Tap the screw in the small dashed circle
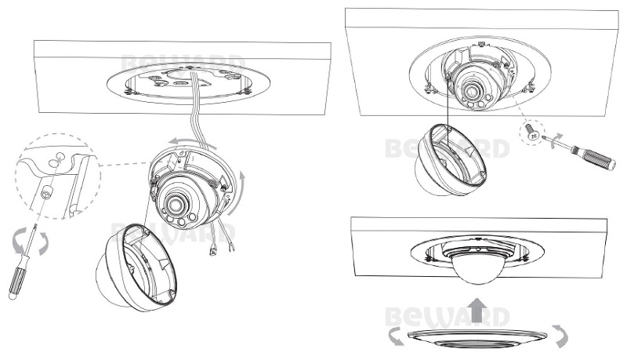[532, 131]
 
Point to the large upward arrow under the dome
[476, 310]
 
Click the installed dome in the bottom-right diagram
[476, 269]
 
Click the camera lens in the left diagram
[175, 205]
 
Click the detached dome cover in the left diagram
[136, 267]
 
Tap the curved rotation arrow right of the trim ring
[560, 335]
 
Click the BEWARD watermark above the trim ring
[448, 317]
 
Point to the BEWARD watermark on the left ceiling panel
[183, 64]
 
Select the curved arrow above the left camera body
[192, 143]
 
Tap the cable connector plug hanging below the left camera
[212, 251]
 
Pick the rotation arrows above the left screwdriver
[31, 242]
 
